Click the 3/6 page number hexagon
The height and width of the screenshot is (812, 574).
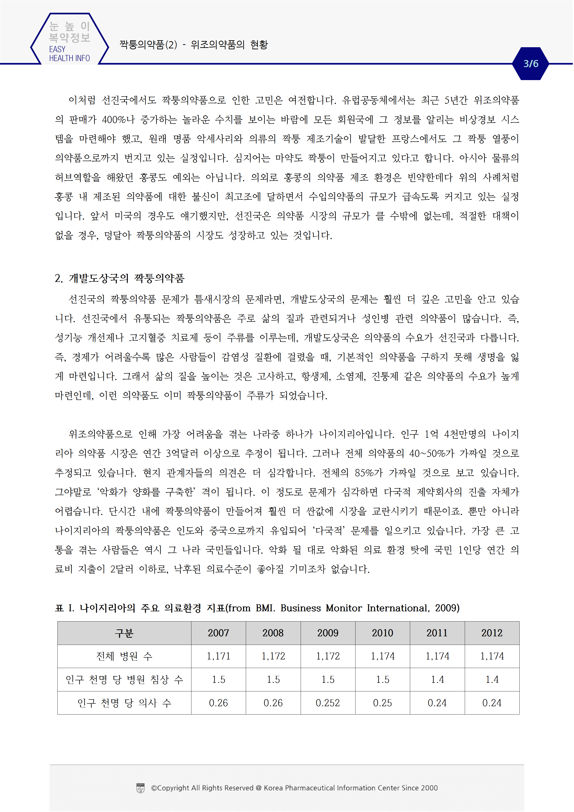tap(530, 64)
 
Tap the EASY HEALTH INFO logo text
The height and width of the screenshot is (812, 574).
tap(69, 54)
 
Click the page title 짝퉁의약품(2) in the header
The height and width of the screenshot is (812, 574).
tap(148, 45)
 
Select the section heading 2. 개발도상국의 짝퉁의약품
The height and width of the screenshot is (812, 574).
tap(119, 278)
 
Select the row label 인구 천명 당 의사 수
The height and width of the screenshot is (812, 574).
tap(124, 703)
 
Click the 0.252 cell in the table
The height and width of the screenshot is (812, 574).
tap(328, 703)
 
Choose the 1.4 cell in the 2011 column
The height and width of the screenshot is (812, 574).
tap(437, 679)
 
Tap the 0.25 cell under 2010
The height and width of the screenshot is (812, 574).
tap(382, 703)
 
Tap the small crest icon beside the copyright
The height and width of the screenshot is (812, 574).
tap(140, 788)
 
